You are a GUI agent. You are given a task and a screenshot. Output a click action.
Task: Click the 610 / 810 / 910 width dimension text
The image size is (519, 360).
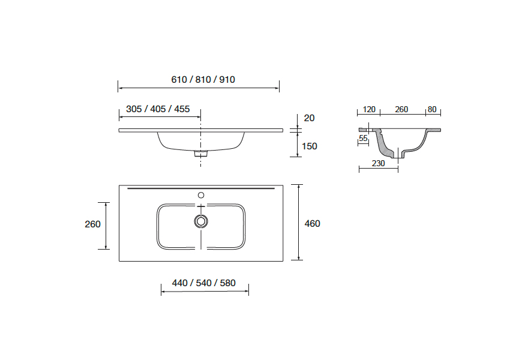[203, 80]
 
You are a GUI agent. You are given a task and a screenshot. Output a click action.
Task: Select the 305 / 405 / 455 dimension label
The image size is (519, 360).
[158, 109]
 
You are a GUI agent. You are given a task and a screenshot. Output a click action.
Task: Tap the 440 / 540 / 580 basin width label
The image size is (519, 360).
[203, 283]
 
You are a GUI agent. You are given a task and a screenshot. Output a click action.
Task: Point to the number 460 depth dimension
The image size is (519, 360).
[312, 224]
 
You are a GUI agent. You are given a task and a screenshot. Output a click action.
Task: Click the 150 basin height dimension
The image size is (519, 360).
[310, 146]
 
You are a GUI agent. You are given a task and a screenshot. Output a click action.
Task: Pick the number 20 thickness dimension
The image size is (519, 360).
[309, 118]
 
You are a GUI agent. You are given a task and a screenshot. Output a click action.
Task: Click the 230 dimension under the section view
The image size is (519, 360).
[379, 163]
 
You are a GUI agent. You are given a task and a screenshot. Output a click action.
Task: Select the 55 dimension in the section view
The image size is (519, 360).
[363, 139]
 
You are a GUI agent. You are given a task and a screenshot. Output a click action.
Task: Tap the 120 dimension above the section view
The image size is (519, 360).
[369, 110]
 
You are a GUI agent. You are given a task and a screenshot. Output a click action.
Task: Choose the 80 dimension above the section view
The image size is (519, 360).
[432, 110]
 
